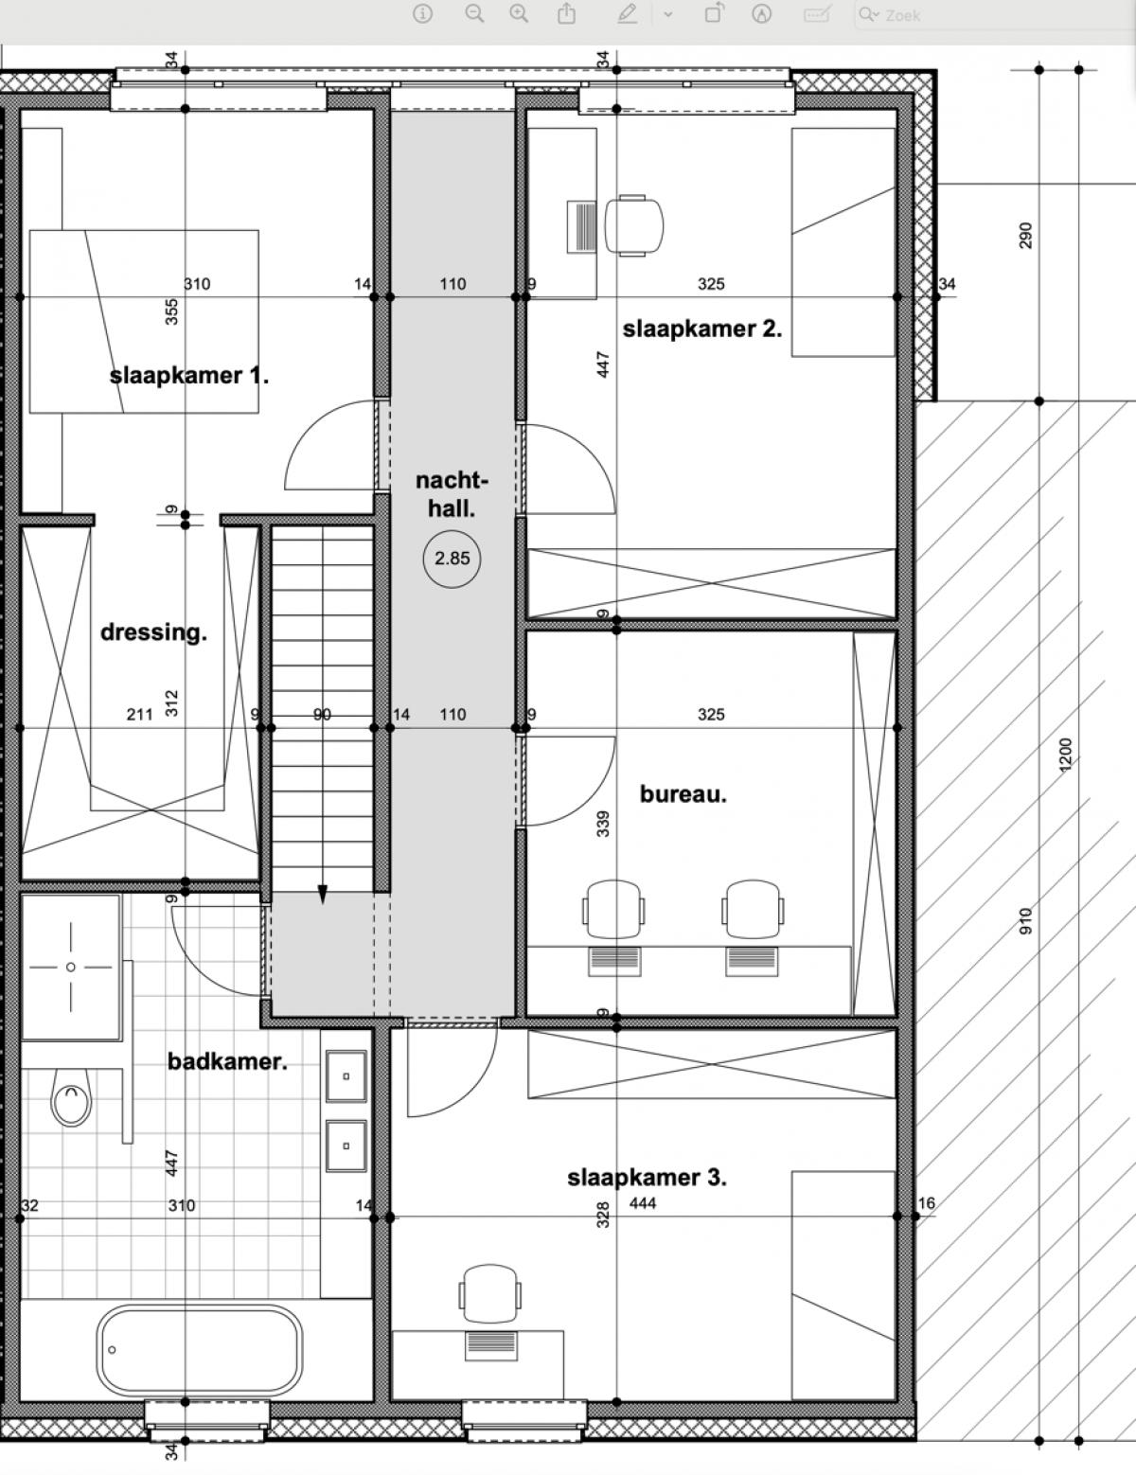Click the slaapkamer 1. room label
[188, 375]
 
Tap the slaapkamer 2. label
[702, 329]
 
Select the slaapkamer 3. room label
[647, 1178]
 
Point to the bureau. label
[683, 794]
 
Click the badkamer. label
[227, 1061]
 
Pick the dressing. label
[153, 632]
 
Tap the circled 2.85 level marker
[452, 559]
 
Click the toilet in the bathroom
[71, 1095]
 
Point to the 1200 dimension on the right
[1065, 755]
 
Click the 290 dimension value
[1025, 236]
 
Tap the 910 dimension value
[1025, 921]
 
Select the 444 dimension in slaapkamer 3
[643, 1203]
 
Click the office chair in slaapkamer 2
[634, 226]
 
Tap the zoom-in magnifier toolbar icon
[519, 13]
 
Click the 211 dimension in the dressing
[140, 714]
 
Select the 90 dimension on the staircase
[323, 714]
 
